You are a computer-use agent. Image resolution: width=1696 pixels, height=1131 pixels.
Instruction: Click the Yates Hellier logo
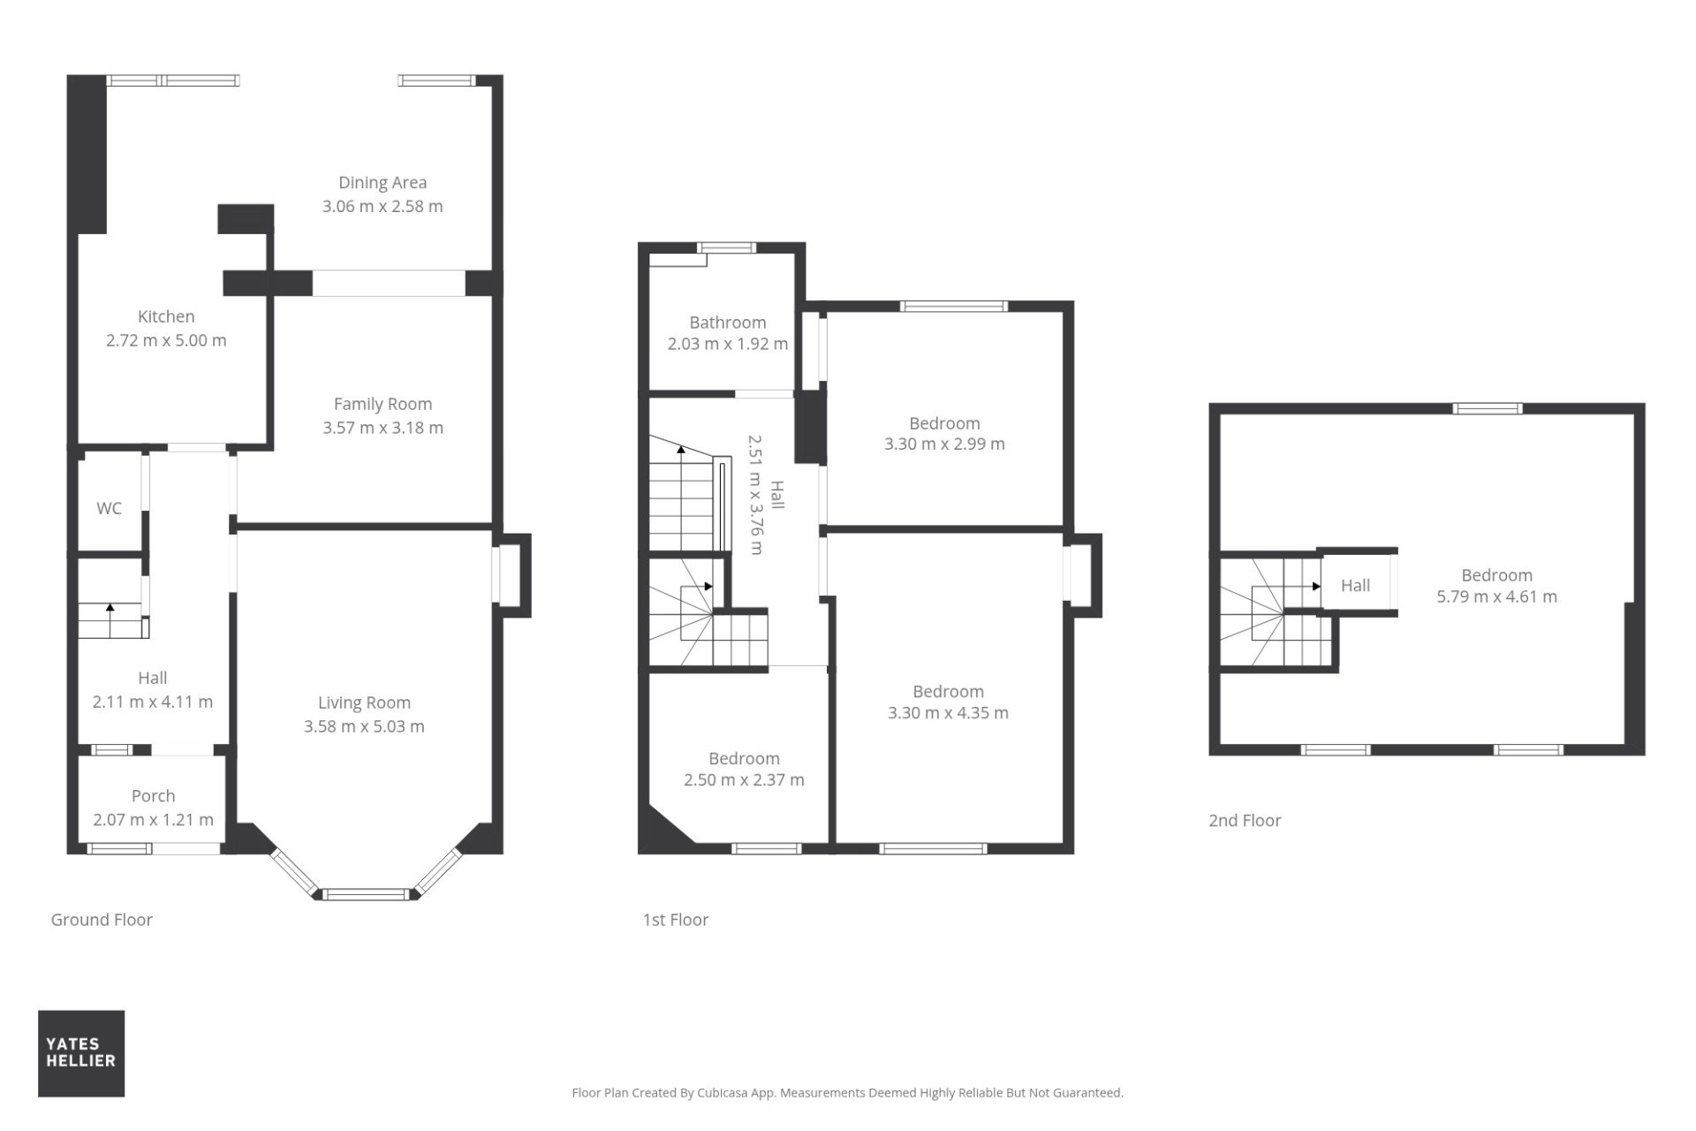tap(81, 1053)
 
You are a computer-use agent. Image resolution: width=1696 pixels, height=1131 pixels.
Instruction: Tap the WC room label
tap(109, 508)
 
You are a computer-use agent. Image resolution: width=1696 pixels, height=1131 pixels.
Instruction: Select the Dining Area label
tap(382, 182)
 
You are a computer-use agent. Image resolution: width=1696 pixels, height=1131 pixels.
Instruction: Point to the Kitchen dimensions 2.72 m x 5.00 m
tap(166, 340)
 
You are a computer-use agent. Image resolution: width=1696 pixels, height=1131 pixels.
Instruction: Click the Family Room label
tap(382, 404)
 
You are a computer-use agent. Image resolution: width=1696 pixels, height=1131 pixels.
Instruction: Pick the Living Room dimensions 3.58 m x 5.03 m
tap(364, 726)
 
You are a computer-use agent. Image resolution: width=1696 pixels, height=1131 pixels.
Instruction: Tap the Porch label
tap(153, 796)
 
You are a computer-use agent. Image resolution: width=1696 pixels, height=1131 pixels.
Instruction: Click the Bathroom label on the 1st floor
tap(728, 323)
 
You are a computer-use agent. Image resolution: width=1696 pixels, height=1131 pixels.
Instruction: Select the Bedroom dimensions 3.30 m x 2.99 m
tap(944, 444)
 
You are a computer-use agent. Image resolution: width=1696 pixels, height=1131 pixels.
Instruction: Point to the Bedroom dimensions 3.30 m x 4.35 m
tap(948, 712)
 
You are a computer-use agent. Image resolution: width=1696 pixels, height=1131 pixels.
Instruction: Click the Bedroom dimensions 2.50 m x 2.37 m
tap(744, 779)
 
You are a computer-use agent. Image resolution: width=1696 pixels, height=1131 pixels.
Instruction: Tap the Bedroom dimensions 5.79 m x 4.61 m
tap(1496, 596)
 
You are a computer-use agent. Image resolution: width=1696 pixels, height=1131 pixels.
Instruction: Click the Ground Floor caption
tap(102, 920)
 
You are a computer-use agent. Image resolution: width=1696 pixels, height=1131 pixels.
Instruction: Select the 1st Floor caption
tap(676, 920)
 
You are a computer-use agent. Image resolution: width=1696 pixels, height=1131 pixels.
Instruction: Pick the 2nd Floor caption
tap(1245, 820)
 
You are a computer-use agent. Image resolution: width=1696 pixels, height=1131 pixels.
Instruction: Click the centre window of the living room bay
tap(367, 894)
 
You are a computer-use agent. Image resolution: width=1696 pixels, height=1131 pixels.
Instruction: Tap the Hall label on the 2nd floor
tap(1355, 585)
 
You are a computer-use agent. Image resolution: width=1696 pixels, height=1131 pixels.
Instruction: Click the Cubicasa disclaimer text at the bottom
tap(848, 1093)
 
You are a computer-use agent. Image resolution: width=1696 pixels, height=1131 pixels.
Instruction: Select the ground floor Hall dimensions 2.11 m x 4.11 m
tap(153, 702)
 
